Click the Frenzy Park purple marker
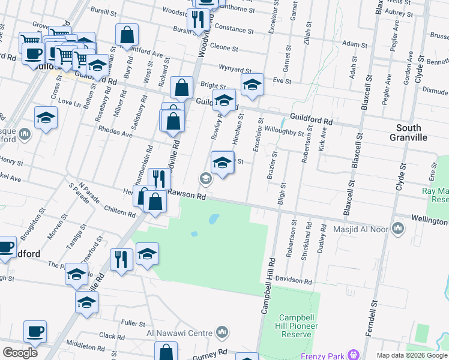click(x=353, y=355)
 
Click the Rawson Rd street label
click(x=187, y=194)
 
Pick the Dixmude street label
click(x=435, y=92)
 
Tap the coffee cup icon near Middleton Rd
click(x=35, y=331)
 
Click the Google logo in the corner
click(x=20, y=353)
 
